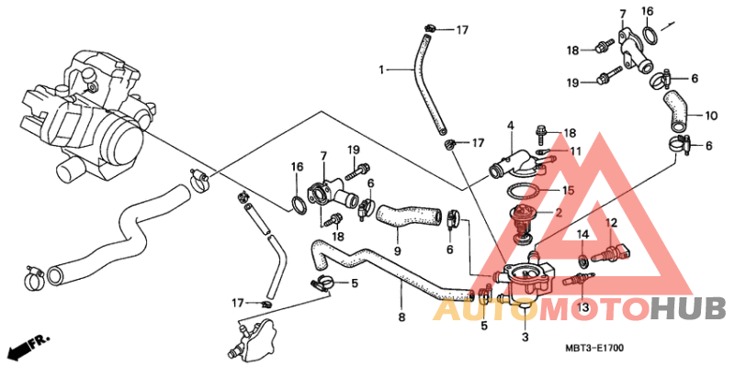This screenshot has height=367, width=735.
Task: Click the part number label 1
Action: coord(381,71)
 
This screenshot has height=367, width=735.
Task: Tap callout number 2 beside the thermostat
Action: coord(559,213)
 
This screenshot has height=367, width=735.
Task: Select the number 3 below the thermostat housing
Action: coord(525,337)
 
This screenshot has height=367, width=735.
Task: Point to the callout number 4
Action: coord(511,126)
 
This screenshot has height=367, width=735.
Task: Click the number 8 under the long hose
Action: coord(401,317)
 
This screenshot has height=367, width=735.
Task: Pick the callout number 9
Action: coord(398,251)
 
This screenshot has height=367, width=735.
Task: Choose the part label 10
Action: coord(711,116)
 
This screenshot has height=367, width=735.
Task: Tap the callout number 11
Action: coord(575,151)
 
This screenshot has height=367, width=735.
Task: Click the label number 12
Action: coord(611,223)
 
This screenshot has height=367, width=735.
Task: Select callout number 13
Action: coord(582,307)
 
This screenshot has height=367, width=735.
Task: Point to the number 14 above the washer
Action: coord(582,234)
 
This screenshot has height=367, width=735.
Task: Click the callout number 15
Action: coord(568,190)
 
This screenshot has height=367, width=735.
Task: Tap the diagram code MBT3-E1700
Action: coord(594,348)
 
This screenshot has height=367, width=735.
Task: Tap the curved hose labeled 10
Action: coord(675,110)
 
